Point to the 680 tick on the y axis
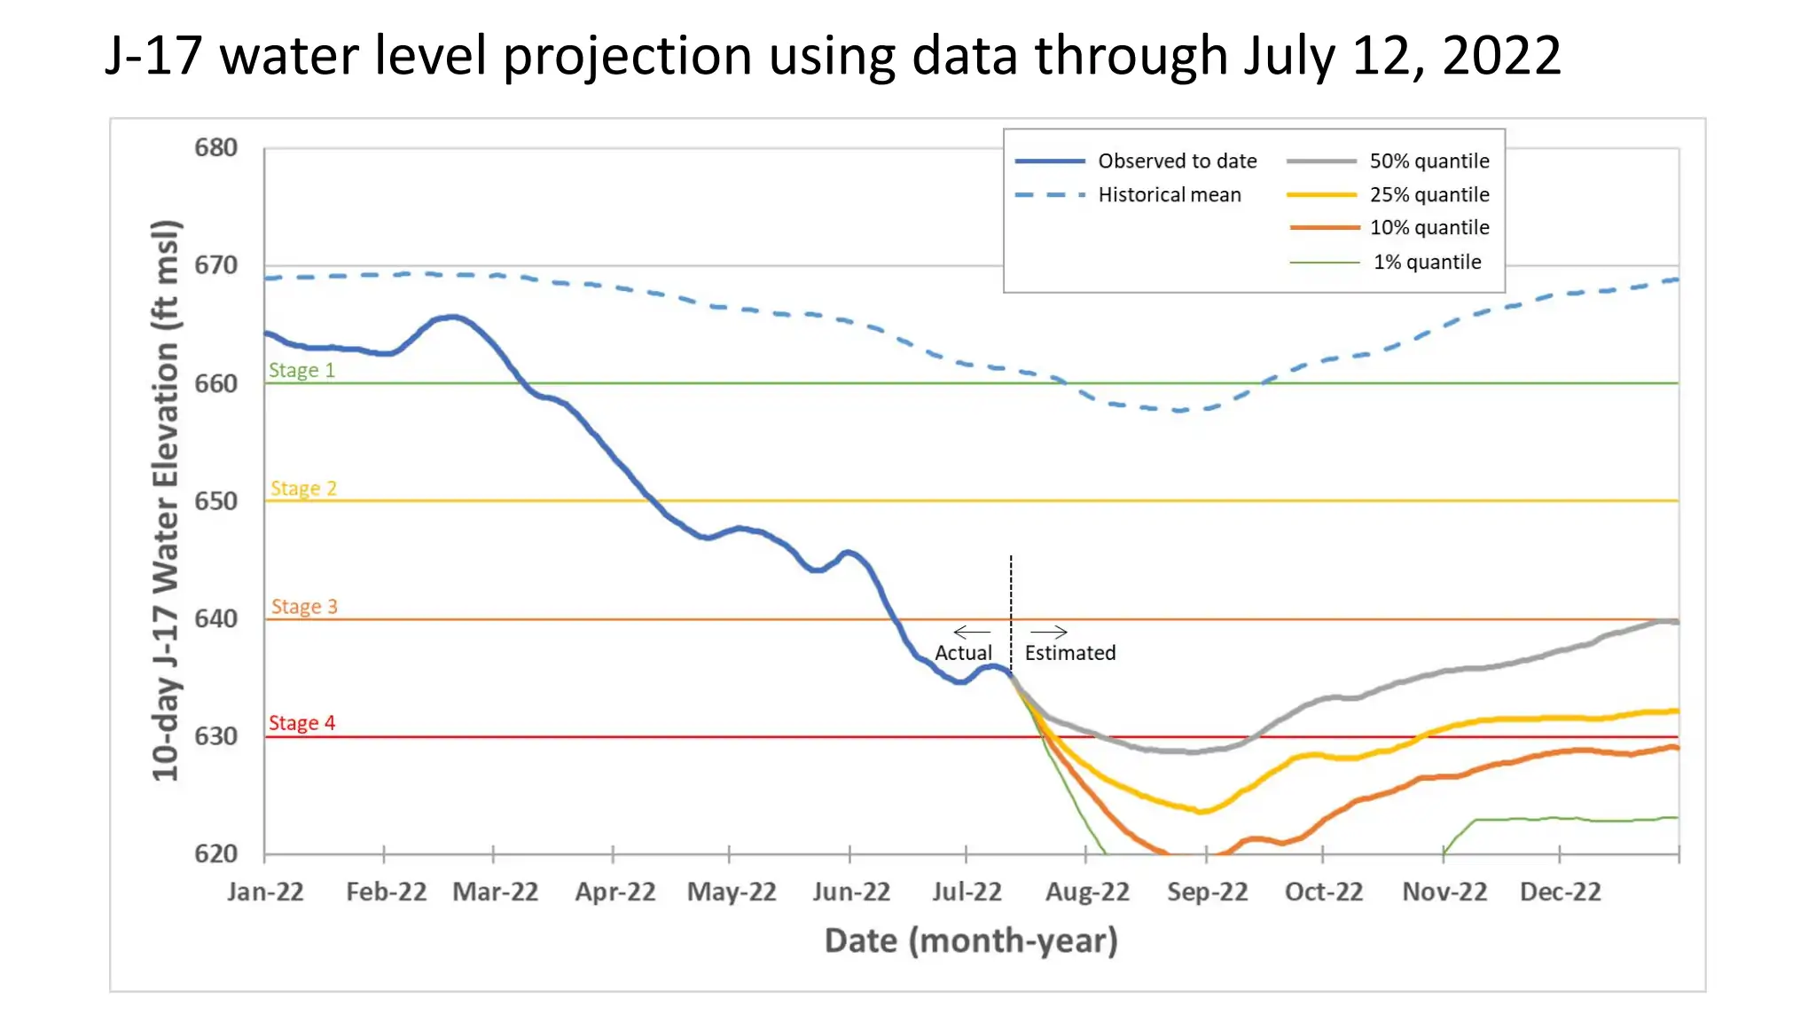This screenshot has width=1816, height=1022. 215,147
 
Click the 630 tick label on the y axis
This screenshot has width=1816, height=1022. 215,736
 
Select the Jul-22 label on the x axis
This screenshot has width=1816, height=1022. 967,892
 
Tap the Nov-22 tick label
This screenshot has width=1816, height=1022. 1444,892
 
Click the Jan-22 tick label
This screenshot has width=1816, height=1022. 265,892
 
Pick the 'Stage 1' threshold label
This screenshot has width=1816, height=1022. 302,370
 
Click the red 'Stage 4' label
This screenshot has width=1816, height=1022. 302,723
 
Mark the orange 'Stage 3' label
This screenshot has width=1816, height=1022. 304,607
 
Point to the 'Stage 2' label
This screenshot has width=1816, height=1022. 303,489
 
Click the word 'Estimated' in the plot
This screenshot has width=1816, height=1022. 1070,653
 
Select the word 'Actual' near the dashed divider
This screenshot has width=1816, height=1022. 963,653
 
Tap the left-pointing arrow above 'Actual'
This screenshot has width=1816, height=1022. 972,632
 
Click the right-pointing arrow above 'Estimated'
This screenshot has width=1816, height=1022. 1049,632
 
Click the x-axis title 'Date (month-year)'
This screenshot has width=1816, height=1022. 971,940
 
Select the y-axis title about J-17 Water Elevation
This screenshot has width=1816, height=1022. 166,500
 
